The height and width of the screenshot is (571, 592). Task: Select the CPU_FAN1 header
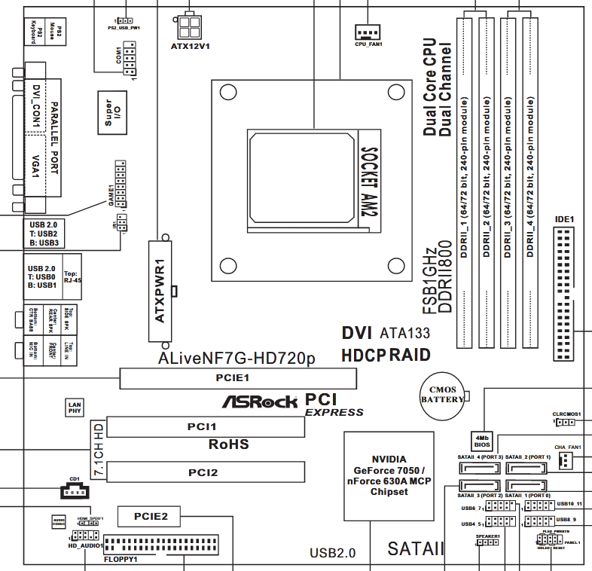[x=368, y=31]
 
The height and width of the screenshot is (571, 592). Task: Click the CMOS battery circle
[x=443, y=394]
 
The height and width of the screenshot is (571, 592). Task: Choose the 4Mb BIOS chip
[x=482, y=441]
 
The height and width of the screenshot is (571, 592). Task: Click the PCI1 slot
[x=206, y=426]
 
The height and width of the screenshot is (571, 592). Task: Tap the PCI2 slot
[x=206, y=472]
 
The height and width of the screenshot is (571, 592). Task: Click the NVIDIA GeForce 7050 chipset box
[x=389, y=475]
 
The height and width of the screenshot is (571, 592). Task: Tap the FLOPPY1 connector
[x=161, y=545]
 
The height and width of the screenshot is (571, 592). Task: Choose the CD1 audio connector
[x=73, y=491]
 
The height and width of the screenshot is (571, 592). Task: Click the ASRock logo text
[x=259, y=402]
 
